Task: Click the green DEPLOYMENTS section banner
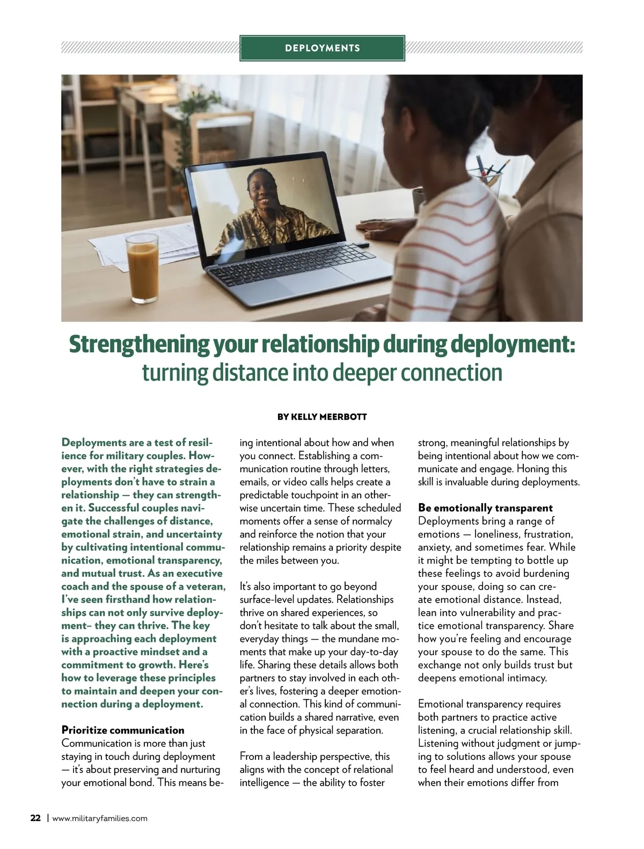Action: point(322,48)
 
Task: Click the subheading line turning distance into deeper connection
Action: point(322,373)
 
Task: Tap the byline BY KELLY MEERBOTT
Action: point(322,417)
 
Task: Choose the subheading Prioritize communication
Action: point(123,730)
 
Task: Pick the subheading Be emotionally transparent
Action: point(485,508)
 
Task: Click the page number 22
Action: point(35,818)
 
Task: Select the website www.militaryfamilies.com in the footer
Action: point(100,819)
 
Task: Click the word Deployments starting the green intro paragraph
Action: point(94,442)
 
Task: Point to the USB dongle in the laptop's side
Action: point(362,245)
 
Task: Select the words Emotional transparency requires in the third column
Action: point(489,704)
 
